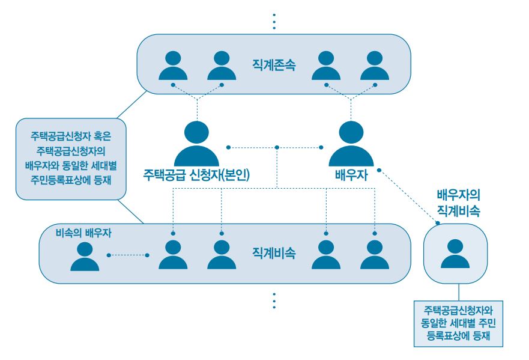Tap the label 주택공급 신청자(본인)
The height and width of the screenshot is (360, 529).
point(196,175)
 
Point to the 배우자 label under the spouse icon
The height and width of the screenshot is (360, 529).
point(351,175)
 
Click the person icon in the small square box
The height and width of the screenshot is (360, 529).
point(455,253)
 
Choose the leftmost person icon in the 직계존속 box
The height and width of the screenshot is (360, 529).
point(173,66)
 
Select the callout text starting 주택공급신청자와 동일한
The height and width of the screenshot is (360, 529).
point(458,323)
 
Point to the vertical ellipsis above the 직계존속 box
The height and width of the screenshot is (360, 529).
point(274,20)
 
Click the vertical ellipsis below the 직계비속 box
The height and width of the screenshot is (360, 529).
point(274,301)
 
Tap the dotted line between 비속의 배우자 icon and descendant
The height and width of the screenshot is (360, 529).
point(128,255)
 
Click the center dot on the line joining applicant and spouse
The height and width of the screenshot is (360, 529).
point(276,147)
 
